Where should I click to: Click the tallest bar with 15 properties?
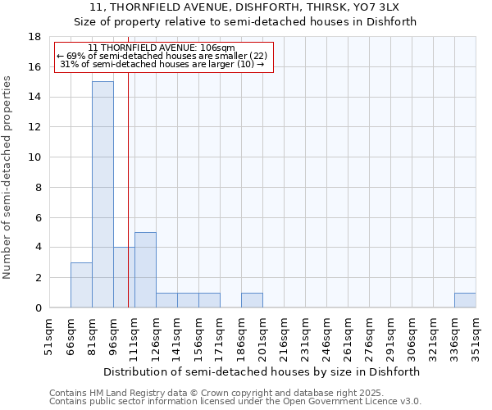(x=102, y=194)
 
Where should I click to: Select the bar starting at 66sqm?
(x=81, y=285)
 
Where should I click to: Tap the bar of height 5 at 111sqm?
(x=145, y=270)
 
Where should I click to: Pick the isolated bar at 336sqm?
(x=465, y=300)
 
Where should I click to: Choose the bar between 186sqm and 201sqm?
(x=252, y=300)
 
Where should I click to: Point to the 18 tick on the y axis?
(x=35, y=37)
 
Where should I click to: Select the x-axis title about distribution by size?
(x=262, y=371)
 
